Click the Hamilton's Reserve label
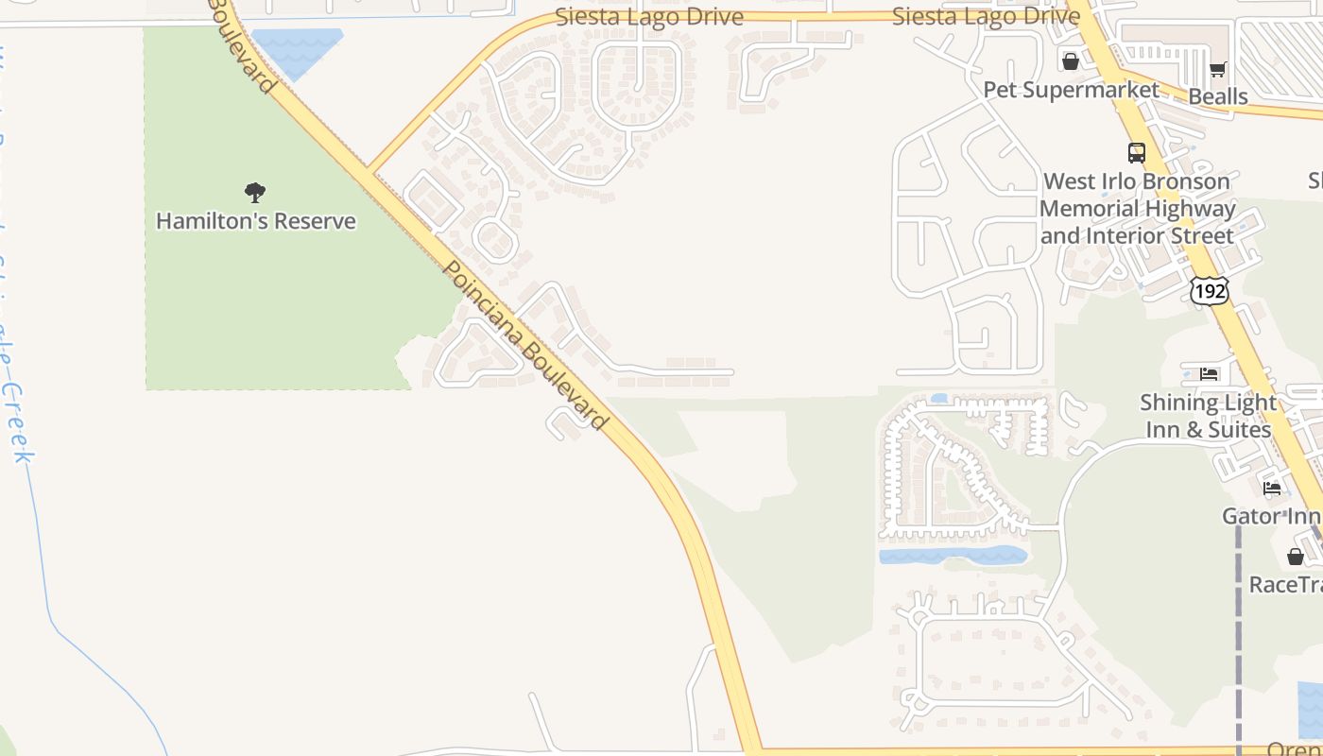[x=255, y=221]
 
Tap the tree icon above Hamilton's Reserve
[x=254, y=193]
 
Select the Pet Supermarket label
[x=1071, y=90]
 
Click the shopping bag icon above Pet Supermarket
[x=1071, y=61]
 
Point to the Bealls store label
[x=1217, y=96]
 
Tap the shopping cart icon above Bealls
[x=1217, y=69]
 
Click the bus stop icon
[x=1137, y=152]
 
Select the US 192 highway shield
[x=1210, y=290]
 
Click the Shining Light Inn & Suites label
[x=1208, y=416]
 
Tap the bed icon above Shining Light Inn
[x=1209, y=374]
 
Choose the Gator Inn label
[x=1271, y=516]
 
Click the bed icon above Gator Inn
[x=1272, y=489]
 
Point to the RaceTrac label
[x=1285, y=585]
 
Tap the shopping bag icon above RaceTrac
[x=1295, y=557]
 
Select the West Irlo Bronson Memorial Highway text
[x=1137, y=208]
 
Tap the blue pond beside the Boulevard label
[x=296, y=49]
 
